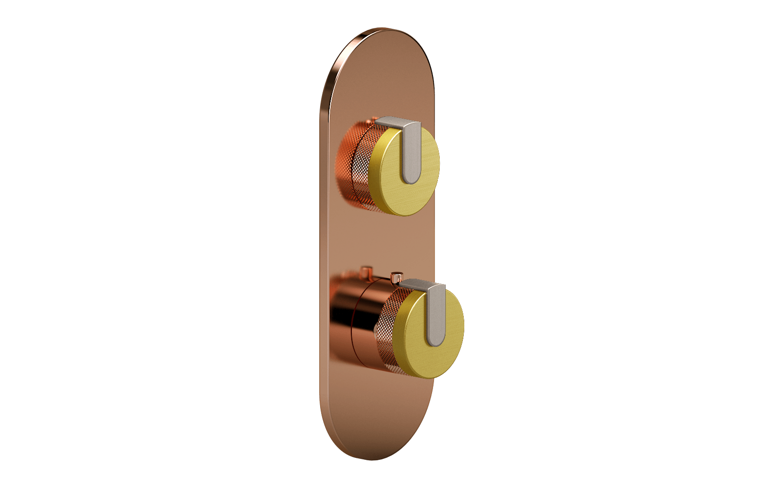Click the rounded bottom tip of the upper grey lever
pos(410,179)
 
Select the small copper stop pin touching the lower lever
pos(397,277)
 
